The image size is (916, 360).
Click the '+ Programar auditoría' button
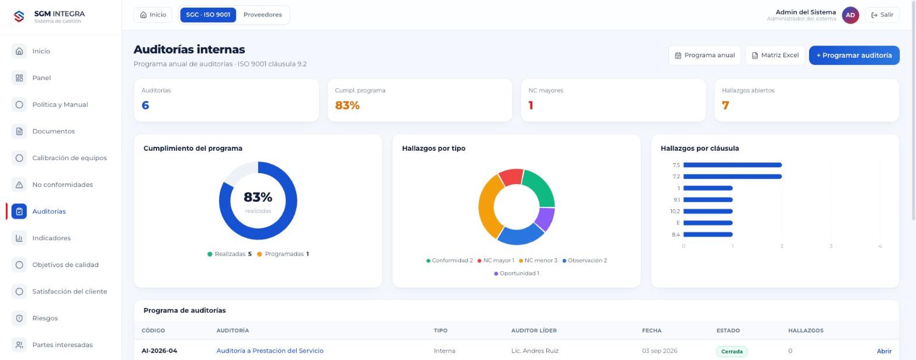point(854,55)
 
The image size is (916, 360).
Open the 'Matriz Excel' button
point(775,55)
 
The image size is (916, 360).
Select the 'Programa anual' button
point(705,55)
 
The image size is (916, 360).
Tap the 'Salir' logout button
point(882,15)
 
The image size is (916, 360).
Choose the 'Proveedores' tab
point(262,15)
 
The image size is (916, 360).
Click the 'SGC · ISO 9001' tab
point(208,15)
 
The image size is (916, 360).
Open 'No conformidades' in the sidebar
point(63,185)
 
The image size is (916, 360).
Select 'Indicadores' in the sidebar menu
point(51,238)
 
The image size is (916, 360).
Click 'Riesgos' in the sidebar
point(45,319)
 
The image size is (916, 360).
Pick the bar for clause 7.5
point(733,165)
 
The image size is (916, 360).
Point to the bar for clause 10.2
point(708,211)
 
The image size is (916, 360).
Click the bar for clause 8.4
point(708,234)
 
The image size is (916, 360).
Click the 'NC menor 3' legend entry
point(538,261)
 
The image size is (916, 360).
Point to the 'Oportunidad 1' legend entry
point(516,274)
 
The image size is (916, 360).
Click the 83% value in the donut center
point(258,197)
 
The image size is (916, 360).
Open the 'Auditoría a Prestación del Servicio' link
point(270,351)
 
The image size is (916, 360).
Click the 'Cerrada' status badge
point(731,351)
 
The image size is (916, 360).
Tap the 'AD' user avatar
point(850,15)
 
